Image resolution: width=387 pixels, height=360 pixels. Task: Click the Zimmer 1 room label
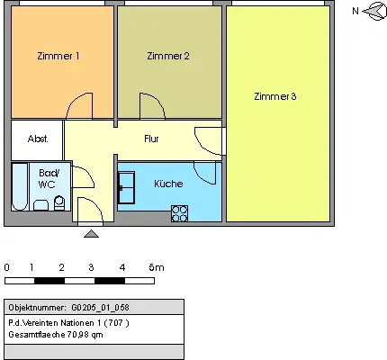pos(58,56)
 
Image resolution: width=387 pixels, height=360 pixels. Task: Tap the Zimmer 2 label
pos(168,56)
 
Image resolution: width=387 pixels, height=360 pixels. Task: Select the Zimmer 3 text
pos(275,96)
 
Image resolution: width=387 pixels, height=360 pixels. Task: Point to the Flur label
pos(151,139)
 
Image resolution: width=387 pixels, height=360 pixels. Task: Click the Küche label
pos(168,184)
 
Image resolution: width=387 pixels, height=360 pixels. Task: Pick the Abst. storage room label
pos(38,139)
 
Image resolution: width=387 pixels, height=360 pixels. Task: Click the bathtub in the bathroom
pos(20,186)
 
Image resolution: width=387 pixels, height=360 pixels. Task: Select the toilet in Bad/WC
pos(59,203)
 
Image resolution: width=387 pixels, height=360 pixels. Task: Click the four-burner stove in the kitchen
pos(180,213)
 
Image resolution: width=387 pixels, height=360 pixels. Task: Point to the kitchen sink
pos(126,187)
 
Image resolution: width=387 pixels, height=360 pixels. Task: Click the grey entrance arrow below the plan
pos(91,234)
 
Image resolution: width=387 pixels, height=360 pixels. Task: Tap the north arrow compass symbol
pos(374,12)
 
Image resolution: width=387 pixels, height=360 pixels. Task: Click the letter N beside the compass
pos(355,11)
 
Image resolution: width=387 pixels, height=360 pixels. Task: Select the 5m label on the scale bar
pos(157,267)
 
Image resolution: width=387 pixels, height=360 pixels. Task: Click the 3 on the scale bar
pos(91,267)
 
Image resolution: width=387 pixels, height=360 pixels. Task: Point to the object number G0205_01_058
pos(100,308)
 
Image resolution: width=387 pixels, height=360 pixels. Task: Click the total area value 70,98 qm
pos(85,334)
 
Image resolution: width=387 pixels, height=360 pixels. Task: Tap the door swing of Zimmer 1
pos(79,105)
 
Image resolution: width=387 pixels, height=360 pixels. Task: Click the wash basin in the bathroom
pos(40,205)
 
